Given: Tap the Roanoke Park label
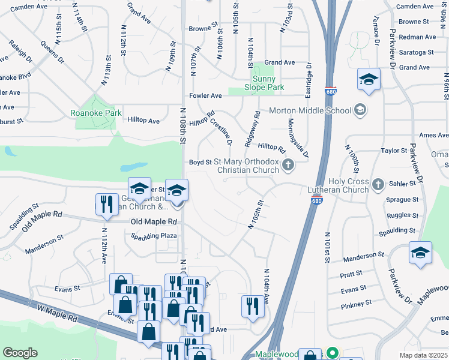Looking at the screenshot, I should (x=96, y=113).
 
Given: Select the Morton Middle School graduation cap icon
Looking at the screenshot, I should (x=360, y=110).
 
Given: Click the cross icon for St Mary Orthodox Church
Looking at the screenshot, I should (x=288, y=165).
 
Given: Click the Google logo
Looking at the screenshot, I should (x=20, y=353).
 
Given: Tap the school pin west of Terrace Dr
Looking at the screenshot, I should (x=369, y=79).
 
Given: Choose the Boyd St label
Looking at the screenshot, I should (x=200, y=162).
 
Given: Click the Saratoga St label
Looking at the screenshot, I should (x=416, y=53).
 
